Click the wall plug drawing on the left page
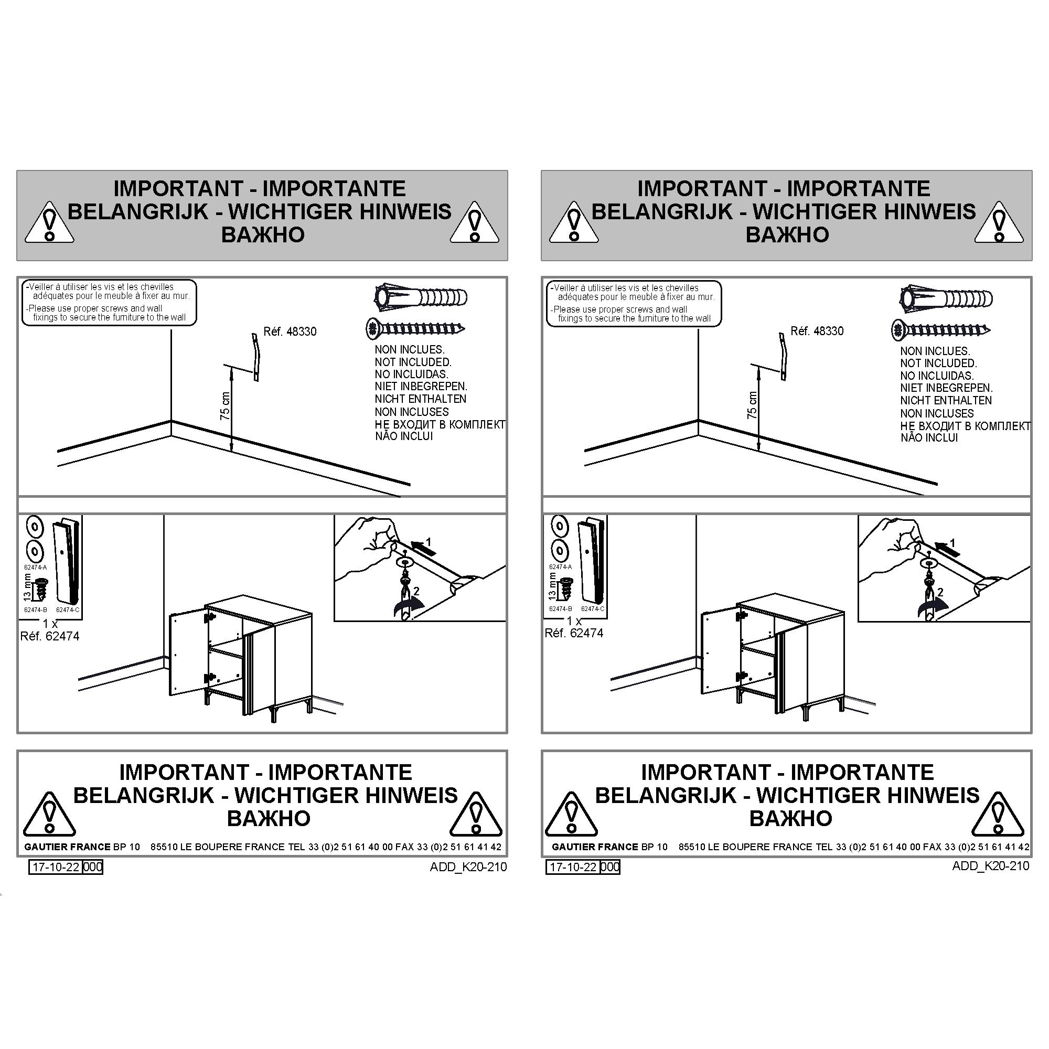(x=421, y=297)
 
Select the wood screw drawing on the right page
(x=941, y=329)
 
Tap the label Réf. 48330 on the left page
(x=290, y=331)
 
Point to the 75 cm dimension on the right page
(x=752, y=405)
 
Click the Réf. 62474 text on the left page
(x=50, y=636)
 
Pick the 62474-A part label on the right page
(x=560, y=567)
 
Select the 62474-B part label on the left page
(x=36, y=610)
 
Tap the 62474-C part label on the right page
(x=592, y=609)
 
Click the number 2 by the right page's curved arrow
(x=940, y=592)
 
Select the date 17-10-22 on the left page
(x=56, y=866)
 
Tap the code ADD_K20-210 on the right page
(x=990, y=865)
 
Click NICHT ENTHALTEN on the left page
(x=420, y=399)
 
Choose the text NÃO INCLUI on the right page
(x=929, y=437)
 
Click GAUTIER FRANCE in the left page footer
(x=67, y=847)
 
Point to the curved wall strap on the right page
(x=783, y=356)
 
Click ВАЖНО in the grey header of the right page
(x=787, y=234)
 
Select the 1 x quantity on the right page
(x=574, y=620)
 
